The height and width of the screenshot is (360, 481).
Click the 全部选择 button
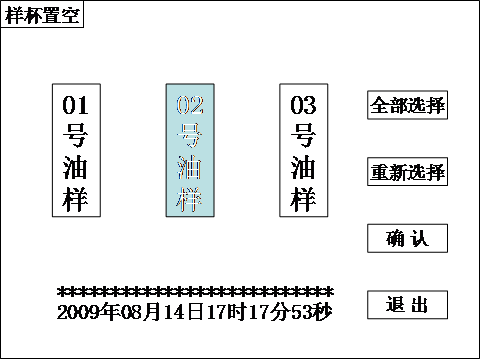coord(407,105)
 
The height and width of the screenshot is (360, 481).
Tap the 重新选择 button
coord(407,172)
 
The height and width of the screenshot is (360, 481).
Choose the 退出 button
coord(407,305)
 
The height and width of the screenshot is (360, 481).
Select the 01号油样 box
coord(76,151)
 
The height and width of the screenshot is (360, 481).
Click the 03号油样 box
coord(303,151)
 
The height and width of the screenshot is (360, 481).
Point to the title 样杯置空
coord(41,14)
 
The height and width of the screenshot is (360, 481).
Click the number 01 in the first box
coord(76,104)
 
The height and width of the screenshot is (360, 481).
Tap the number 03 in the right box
coord(303,104)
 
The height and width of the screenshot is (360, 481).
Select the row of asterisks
coord(195,293)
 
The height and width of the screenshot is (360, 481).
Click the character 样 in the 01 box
coord(76,198)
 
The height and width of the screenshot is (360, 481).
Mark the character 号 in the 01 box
coord(76,135)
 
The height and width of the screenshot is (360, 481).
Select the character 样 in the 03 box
coord(303,198)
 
